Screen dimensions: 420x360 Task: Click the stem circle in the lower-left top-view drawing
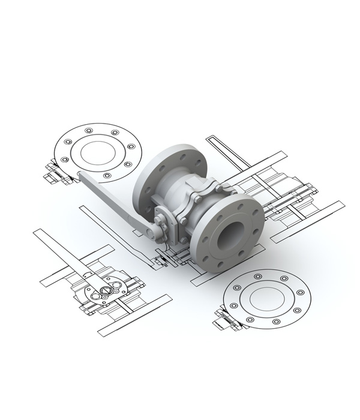pos(106,292)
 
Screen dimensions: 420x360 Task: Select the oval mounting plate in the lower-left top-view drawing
pos(100,294)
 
